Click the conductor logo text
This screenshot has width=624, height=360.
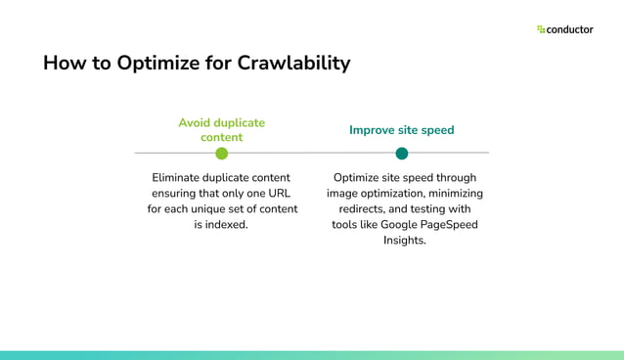570,29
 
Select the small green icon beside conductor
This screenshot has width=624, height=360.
541,29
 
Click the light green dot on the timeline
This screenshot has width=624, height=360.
221,154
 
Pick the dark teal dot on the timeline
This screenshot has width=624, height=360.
401,154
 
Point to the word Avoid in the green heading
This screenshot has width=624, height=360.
196,123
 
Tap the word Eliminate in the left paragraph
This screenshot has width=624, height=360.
181,178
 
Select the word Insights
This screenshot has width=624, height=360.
404,240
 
